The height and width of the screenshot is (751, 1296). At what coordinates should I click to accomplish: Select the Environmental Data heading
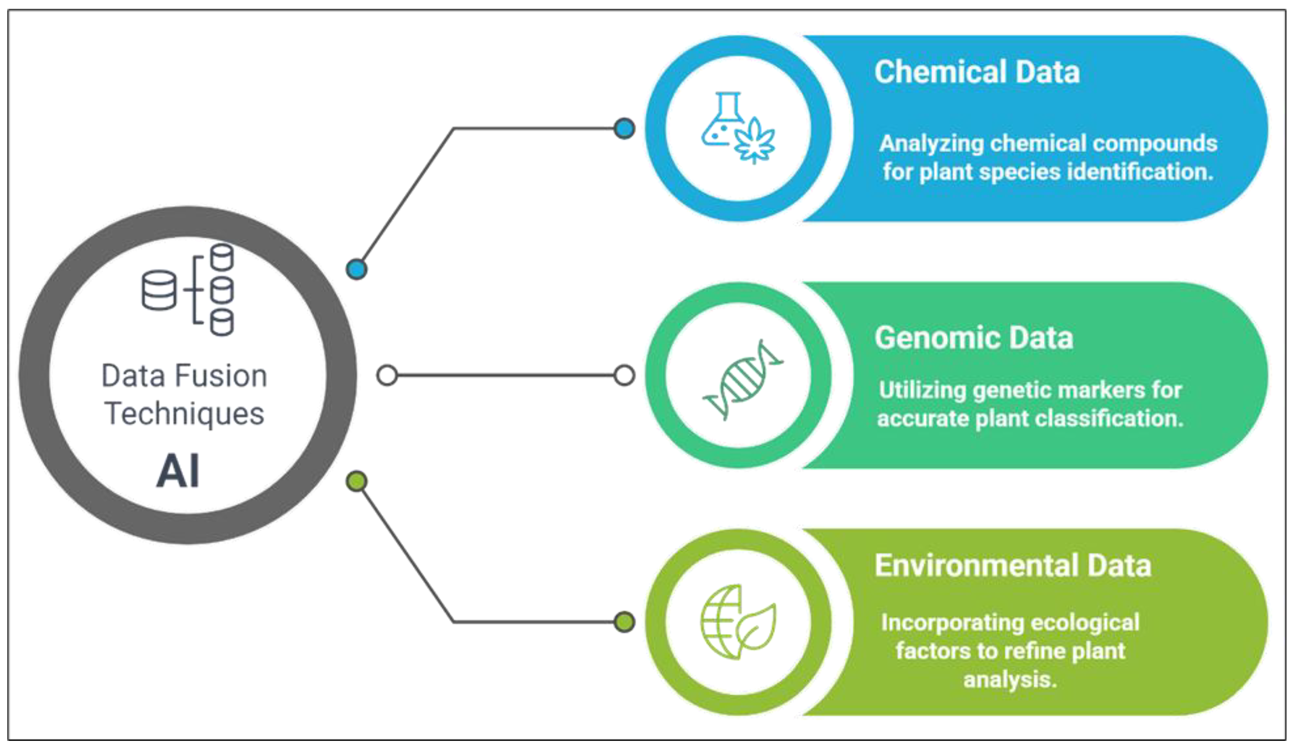[1012, 565]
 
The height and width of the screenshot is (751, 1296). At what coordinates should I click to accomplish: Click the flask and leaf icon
[737, 128]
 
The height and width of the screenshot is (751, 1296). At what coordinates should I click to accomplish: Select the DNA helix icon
[742, 379]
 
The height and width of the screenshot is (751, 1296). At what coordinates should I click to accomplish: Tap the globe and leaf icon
[737, 622]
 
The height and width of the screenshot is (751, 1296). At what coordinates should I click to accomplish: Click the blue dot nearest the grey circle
[356, 269]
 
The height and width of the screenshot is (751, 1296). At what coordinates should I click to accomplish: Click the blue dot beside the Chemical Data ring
[624, 128]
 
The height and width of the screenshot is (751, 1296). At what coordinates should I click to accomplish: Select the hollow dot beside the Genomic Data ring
[624, 375]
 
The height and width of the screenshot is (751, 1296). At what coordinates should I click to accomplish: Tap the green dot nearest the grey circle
[356, 481]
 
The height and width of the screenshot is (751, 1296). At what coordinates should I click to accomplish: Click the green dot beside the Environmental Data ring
[624, 622]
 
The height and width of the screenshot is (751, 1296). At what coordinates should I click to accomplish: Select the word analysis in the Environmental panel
[1009, 679]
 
